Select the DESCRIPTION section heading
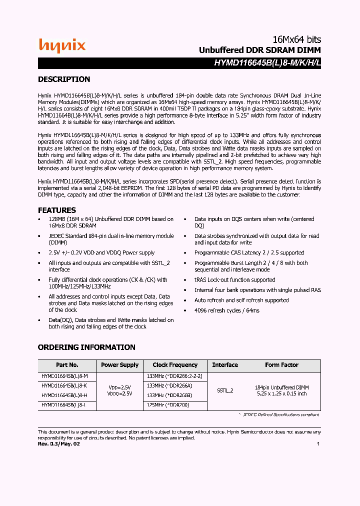(64, 79)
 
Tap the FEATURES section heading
(57, 210)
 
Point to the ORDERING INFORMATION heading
(86, 347)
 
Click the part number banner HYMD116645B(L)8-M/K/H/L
(267, 63)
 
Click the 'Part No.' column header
(67, 365)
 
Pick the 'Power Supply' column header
(120, 365)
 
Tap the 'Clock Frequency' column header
(175, 365)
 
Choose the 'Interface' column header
(225, 365)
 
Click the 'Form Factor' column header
(281, 365)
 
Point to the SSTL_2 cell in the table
(225, 390)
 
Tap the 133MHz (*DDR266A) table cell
(169, 386)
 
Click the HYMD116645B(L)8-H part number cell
(65, 395)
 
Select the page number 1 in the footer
(318, 443)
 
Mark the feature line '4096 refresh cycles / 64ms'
(227, 310)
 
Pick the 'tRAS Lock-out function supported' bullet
(234, 280)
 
